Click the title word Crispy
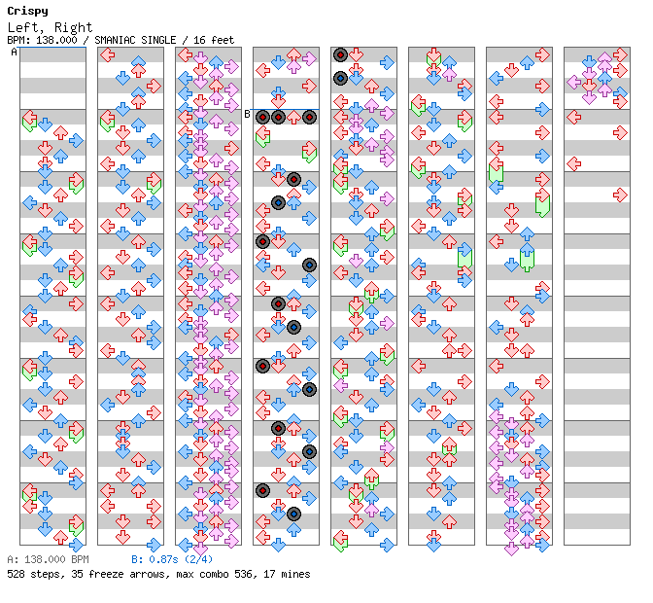[27, 11]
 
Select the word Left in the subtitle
[23, 27]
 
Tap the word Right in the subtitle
[73, 27]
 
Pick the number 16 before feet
[199, 40]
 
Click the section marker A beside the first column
[14, 53]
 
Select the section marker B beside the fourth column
[247, 115]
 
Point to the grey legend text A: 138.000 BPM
[48, 559]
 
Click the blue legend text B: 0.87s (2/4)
[172, 559]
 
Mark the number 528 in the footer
[16, 574]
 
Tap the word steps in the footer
[44, 574]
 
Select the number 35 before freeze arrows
[72, 574]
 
